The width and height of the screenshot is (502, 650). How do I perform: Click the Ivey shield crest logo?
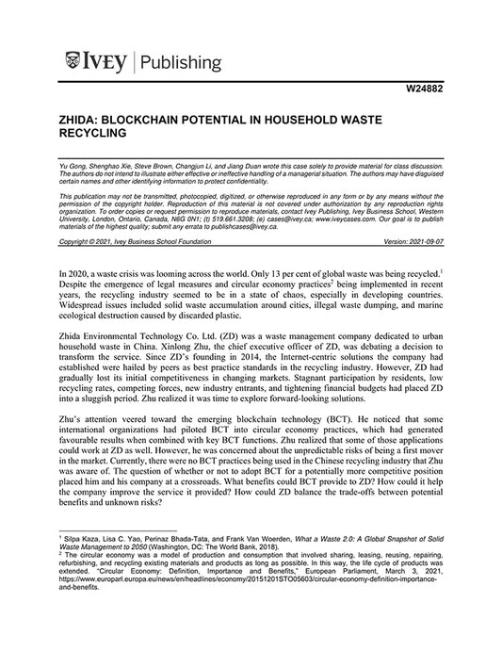tap(73, 62)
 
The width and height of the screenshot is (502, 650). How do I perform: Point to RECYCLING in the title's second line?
tap(99, 136)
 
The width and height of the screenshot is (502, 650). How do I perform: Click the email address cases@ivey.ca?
tap(297, 214)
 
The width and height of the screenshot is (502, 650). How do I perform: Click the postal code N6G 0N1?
tap(192, 214)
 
